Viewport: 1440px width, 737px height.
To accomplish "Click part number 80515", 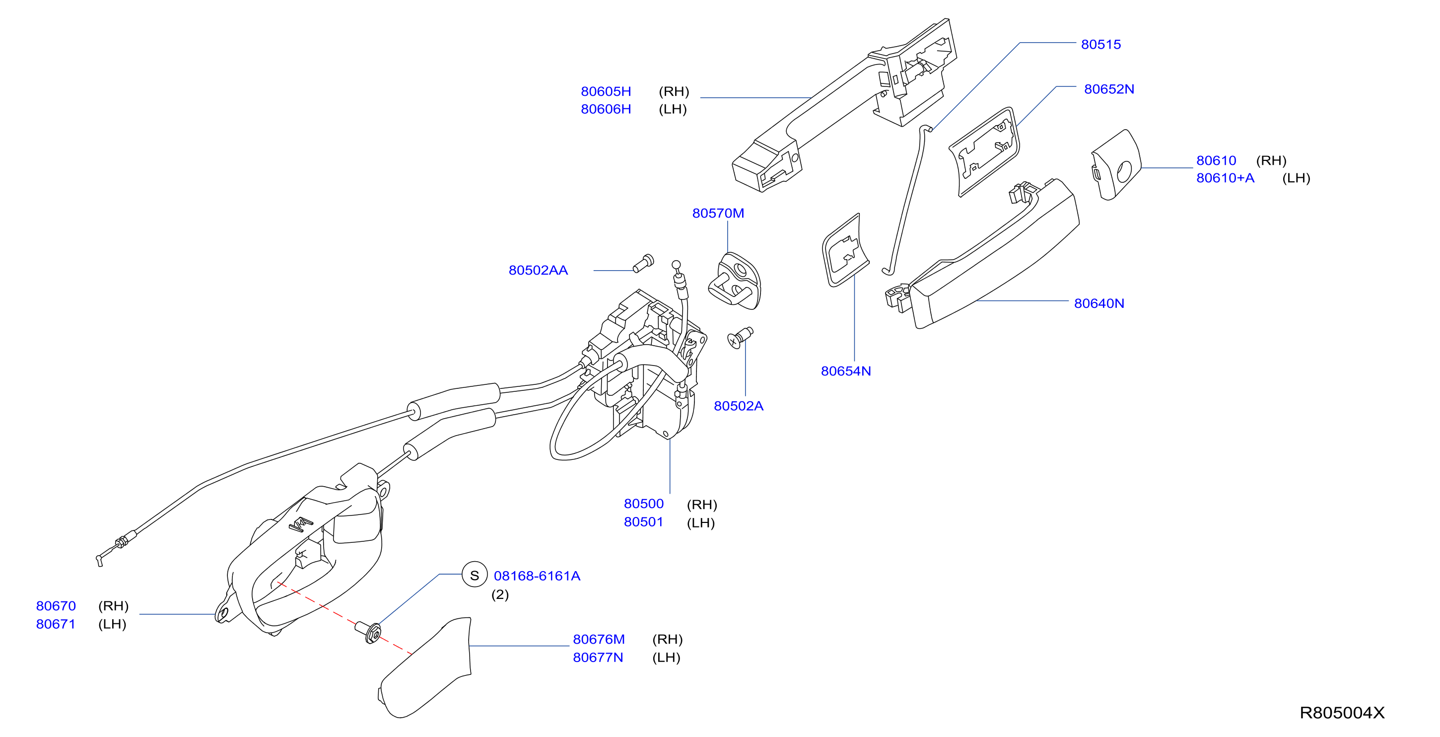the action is (1100, 44).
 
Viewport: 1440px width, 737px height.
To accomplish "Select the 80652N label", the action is (1108, 89).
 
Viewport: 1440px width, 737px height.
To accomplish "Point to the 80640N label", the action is (1098, 303).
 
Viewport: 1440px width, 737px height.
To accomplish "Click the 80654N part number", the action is (845, 371).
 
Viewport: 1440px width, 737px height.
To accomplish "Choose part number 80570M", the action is (718, 213).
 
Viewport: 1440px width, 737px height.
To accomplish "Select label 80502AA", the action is (538, 270).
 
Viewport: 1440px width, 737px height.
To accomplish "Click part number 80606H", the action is (606, 109).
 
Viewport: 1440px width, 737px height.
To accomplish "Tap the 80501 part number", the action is (643, 522).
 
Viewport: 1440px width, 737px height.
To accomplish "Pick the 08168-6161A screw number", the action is (537, 576).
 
